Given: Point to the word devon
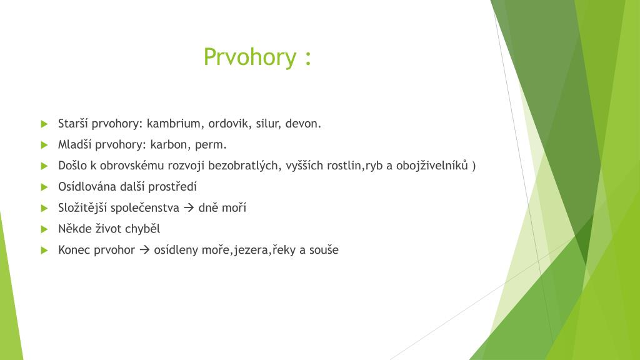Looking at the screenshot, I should (x=303, y=124).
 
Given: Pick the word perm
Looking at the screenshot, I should (x=211, y=145).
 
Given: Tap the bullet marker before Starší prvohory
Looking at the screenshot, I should (x=44, y=124).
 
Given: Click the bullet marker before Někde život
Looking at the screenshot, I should (x=44, y=229).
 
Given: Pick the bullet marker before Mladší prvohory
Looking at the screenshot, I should (x=44, y=145).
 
